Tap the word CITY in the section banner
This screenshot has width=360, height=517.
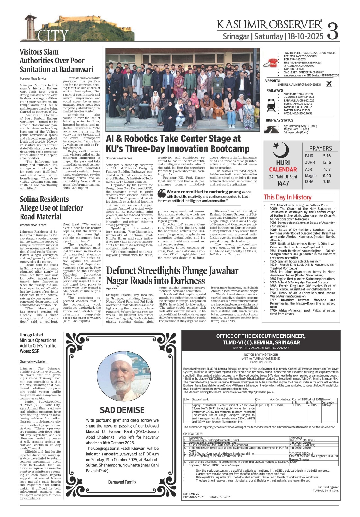click(53, 36)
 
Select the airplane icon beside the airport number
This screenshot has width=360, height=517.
click(329, 84)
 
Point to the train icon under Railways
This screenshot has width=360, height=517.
click(271, 104)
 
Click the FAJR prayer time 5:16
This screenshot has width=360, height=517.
click(327, 156)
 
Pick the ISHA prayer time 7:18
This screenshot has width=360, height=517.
click(327, 181)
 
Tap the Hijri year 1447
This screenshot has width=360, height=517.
click(283, 183)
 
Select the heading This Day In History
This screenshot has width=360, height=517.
click(288, 197)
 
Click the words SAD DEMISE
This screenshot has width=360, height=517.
click(122, 410)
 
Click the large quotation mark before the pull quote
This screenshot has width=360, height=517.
click(161, 193)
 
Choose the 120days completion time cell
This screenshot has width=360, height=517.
click(327, 405)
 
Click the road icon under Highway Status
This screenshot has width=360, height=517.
click(271, 129)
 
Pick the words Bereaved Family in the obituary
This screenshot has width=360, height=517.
click(122, 482)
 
